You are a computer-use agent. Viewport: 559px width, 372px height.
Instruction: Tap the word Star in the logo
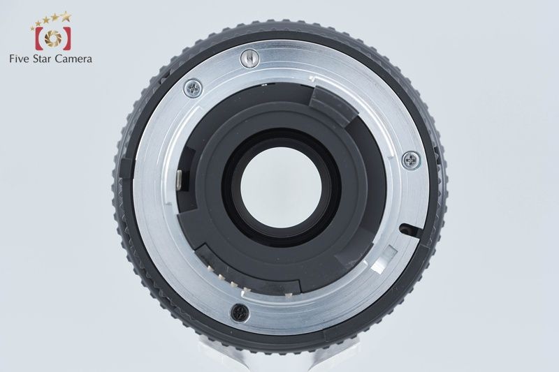pyautogui.click(x=43, y=59)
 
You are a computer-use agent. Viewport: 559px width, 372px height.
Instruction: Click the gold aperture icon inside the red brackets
pyautogui.click(x=53, y=38)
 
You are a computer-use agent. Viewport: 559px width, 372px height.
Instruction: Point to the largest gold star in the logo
pyautogui.click(x=65, y=16)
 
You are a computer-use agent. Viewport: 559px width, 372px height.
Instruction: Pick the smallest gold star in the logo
pyautogui.click(x=33, y=28)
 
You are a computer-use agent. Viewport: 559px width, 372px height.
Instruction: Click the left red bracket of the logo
pyautogui.click(x=38, y=38)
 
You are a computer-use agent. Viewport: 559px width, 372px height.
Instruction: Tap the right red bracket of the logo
pyautogui.click(x=67, y=38)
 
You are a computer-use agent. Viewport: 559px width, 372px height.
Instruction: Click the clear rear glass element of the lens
pyautogui.click(x=281, y=188)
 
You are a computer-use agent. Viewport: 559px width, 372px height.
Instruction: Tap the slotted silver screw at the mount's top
pyautogui.click(x=250, y=59)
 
